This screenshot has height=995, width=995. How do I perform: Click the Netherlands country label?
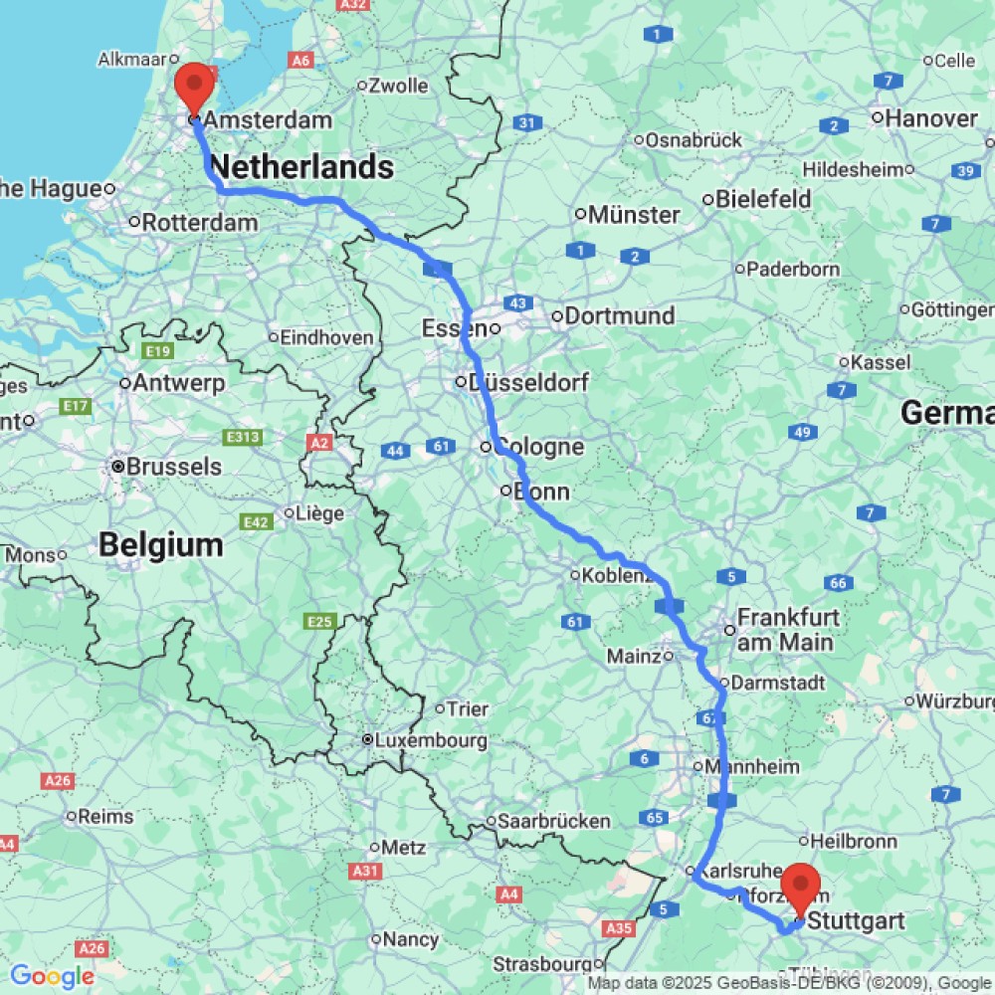coord(301,167)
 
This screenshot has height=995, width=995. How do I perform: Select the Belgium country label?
coord(160,545)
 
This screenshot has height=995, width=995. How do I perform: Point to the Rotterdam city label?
coord(200,222)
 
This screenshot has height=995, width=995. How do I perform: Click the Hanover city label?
coord(931,118)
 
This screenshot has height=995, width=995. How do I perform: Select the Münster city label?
coord(634,215)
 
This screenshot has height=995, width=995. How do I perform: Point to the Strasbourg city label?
coord(545,964)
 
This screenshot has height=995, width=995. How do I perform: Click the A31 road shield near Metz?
coord(365,871)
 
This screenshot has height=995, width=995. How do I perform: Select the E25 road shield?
coord(318,622)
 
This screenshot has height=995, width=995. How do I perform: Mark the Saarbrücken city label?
coord(554,822)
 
